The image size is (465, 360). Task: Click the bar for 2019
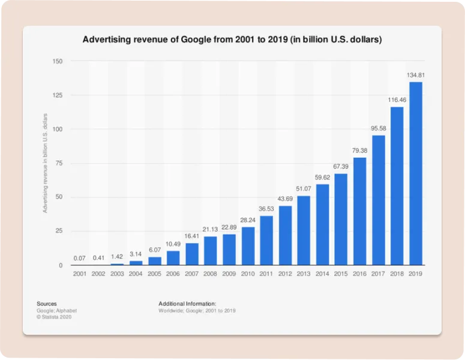pos(416,173)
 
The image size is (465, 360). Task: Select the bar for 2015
pos(341,220)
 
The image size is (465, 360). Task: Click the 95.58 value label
pos(379,128)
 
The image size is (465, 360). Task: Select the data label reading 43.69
pos(285,199)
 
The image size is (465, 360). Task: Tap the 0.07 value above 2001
pos(80,259)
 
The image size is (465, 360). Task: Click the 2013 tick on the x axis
pos(304,274)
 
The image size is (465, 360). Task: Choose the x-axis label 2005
pos(154,274)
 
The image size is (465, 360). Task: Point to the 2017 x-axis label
pos(379,274)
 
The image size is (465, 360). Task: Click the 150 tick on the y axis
pos(57,61)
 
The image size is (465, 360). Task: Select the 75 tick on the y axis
pos(59,163)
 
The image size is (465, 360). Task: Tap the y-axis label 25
pos(59,231)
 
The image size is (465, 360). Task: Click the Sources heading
pos(46,304)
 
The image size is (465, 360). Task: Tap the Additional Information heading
pos(187,304)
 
